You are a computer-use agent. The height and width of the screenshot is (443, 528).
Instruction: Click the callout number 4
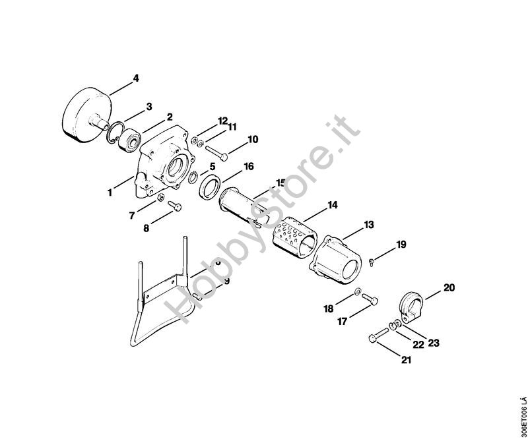click(136, 78)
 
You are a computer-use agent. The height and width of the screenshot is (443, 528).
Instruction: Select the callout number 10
click(253, 139)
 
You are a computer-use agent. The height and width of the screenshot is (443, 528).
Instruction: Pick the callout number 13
click(369, 225)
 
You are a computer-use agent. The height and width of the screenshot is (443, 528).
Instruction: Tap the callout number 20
click(449, 287)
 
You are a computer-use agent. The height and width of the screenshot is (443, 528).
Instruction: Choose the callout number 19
click(401, 245)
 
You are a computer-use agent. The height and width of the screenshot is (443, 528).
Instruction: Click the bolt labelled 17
click(370, 300)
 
